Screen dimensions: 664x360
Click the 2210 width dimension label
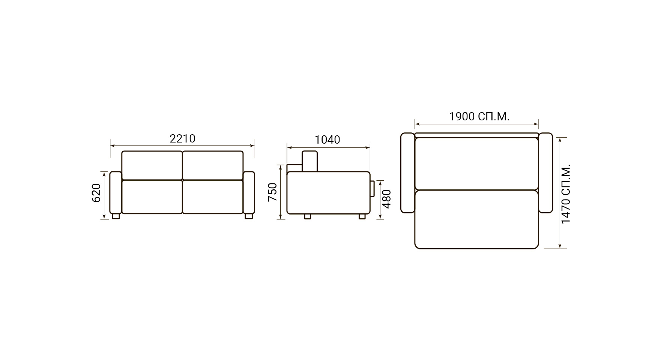point(182,139)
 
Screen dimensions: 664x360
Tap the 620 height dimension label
point(96,193)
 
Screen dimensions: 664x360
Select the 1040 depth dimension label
point(327,139)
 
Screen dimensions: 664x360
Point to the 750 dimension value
point(272,192)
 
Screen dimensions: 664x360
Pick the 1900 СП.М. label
point(479,117)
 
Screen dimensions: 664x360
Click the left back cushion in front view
point(152,165)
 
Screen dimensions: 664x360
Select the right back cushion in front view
point(213,165)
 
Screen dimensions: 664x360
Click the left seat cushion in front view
point(152,197)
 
